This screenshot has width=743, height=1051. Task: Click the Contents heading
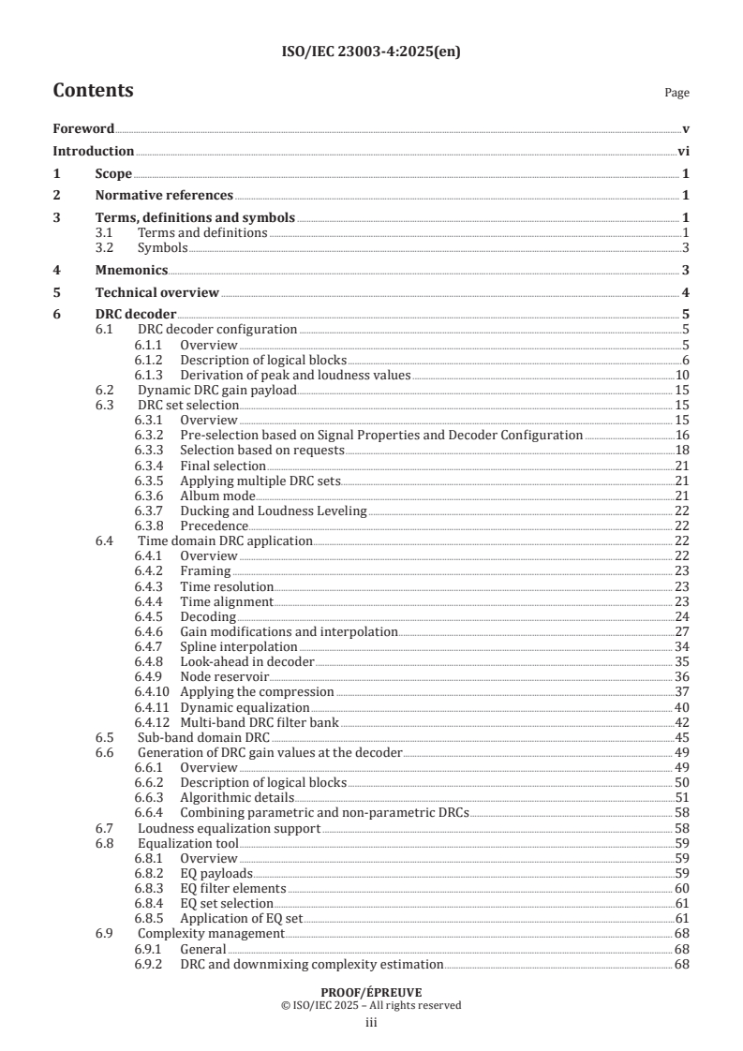coord(93,91)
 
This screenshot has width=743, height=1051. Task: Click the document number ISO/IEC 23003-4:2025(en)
coord(371,52)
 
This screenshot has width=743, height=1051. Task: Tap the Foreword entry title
coord(83,128)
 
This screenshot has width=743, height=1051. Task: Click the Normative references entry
coord(164,195)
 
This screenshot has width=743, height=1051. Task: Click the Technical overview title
coord(156,292)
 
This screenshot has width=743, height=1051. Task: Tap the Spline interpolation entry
coord(239,646)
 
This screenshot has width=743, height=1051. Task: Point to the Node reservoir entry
coord(225,676)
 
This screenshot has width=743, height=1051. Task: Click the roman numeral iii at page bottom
coord(371,1023)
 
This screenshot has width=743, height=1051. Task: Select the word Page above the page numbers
coord(676,93)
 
